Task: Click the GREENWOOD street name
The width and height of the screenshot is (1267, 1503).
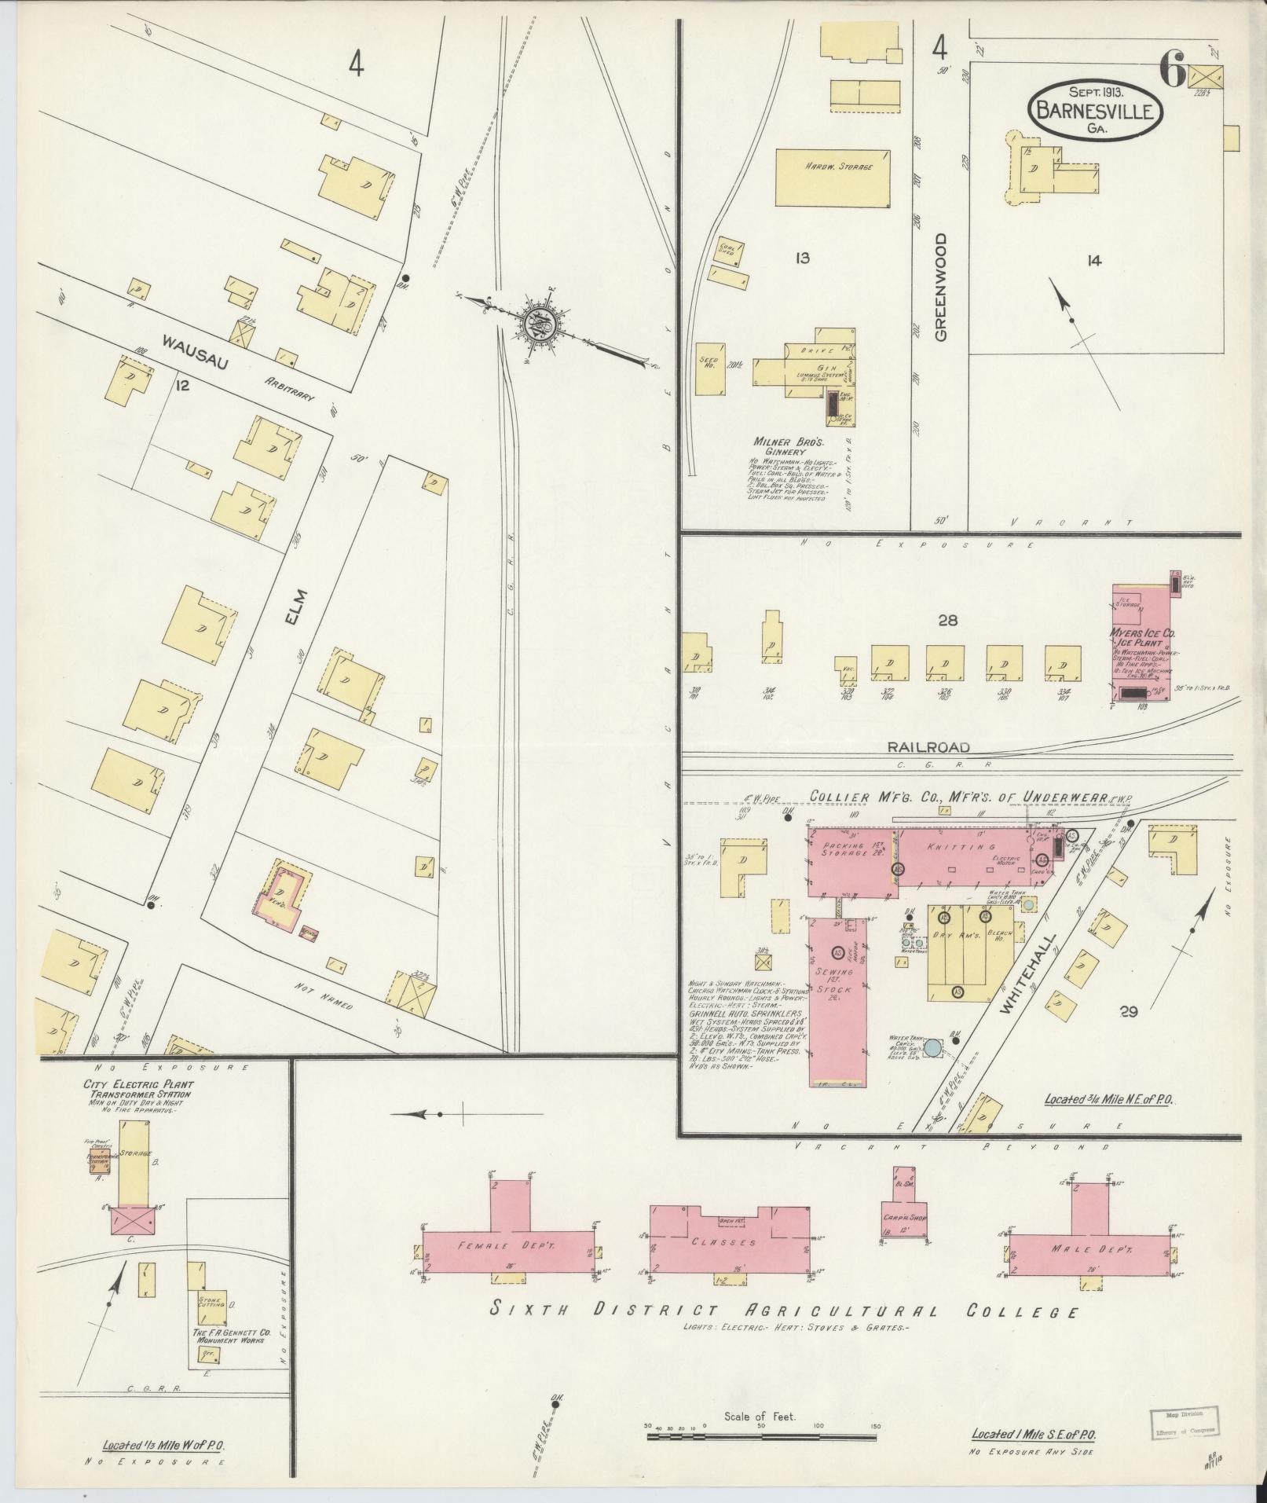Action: coord(941,286)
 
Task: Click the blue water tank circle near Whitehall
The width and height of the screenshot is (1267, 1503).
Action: coord(932,1047)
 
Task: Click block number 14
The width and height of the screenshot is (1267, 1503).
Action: coord(1093,261)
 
